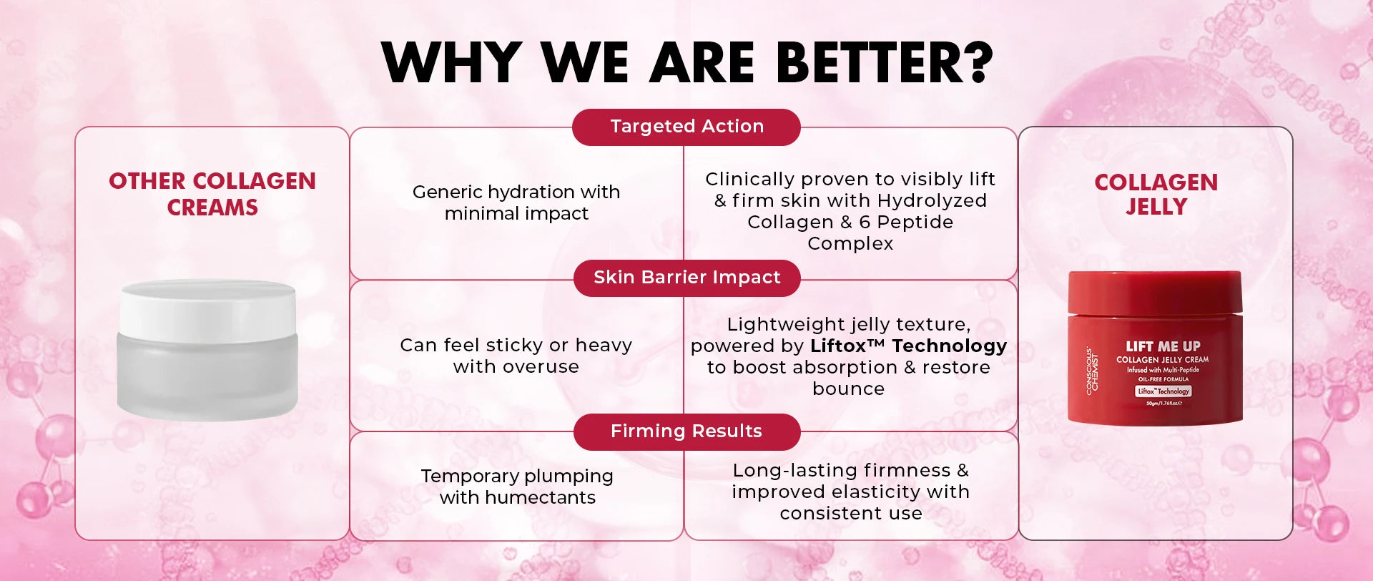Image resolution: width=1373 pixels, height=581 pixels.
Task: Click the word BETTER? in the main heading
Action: click(x=884, y=62)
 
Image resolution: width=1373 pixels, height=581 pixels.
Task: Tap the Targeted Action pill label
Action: click(x=686, y=127)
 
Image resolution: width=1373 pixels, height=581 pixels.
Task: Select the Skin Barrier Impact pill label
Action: click(x=686, y=278)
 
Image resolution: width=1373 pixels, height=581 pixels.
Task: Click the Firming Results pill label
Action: click(x=686, y=431)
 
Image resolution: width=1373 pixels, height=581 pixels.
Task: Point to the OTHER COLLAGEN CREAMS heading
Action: click(x=212, y=194)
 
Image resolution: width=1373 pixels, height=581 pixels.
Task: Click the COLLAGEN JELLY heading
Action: click(x=1156, y=194)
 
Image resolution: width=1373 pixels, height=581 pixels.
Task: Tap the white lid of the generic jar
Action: click(x=207, y=309)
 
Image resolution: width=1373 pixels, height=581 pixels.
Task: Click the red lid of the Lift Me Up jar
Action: click(x=1155, y=292)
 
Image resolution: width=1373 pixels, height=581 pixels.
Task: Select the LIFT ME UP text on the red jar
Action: click(x=1163, y=346)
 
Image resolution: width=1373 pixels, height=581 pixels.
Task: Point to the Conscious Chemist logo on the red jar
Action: click(x=1092, y=370)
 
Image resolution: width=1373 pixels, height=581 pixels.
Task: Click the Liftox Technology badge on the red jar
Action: click(x=1163, y=391)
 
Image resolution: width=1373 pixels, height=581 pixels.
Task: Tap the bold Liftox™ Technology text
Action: click(x=908, y=346)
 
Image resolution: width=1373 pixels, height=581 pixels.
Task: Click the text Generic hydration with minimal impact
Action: click(x=516, y=202)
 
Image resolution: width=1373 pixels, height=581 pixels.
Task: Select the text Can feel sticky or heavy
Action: click(x=516, y=345)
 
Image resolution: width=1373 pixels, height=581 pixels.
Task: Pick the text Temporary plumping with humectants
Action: click(x=517, y=487)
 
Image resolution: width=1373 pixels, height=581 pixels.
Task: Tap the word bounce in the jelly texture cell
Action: click(x=849, y=389)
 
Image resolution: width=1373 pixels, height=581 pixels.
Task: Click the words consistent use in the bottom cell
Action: click(x=851, y=513)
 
